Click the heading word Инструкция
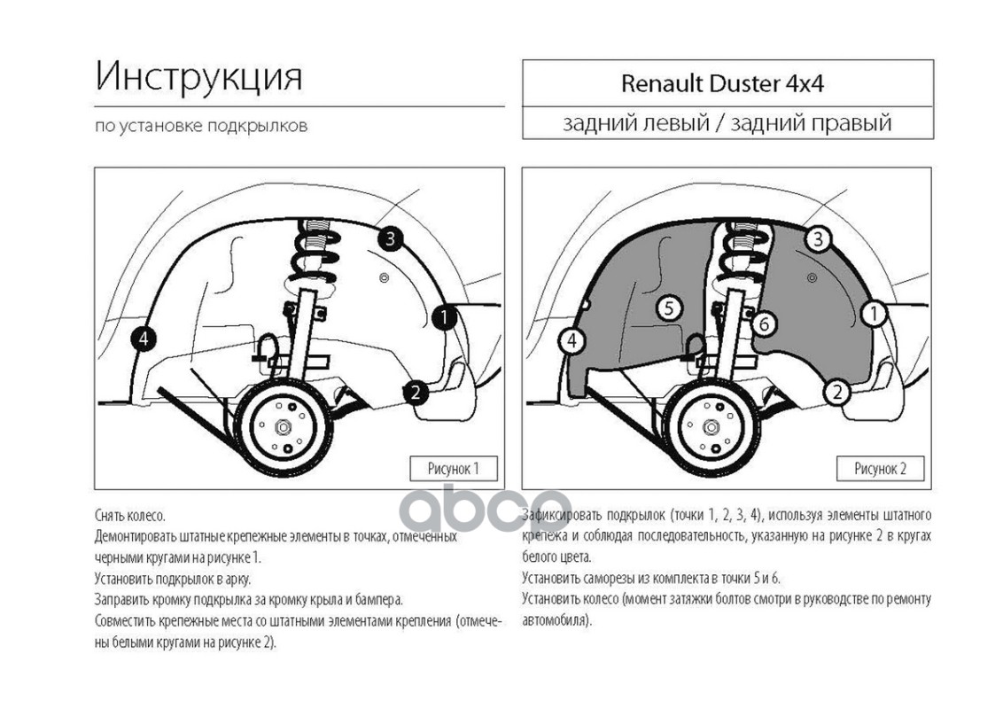click(199, 77)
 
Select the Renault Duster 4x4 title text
click(722, 84)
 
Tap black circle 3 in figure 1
click(390, 239)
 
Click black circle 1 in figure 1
click(444, 316)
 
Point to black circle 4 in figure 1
click(144, 339)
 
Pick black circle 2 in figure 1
click(416, 392)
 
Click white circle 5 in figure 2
click(669, 308)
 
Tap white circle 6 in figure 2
click(764, 323)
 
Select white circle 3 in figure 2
click(818, 239)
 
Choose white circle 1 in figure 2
click(873, 314)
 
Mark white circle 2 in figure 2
click(837, 392)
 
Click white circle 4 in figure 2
click(571, 340)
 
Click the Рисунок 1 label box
click(454, 469)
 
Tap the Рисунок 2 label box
click(881, 469)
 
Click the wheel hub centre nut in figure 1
click(282, 427)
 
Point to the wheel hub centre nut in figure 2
click(710, 427)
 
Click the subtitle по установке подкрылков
click(201, 126)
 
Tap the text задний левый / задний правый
click(727, 122)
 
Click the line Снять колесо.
click(130, 515)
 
